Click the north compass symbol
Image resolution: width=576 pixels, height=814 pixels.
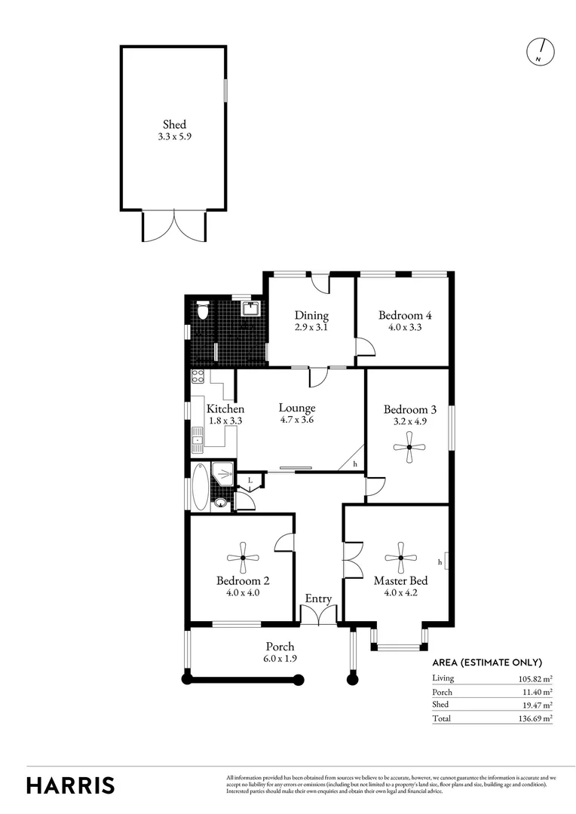point(540,50)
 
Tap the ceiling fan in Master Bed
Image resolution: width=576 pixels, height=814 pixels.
point(400,558)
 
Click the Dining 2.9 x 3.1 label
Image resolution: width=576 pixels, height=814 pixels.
point(311,321)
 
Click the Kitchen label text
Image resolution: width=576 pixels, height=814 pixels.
point(225,409)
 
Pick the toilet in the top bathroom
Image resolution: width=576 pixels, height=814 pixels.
point(201,311)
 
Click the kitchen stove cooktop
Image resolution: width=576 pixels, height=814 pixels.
point(198,376)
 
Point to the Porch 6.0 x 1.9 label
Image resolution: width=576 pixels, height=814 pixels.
point(280,652)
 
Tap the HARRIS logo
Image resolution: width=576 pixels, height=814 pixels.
point(71,785)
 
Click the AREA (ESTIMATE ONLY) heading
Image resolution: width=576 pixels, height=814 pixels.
point(487,663)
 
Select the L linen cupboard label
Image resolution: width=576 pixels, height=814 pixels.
point(250,480)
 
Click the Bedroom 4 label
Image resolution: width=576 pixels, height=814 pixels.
point(405,321)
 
